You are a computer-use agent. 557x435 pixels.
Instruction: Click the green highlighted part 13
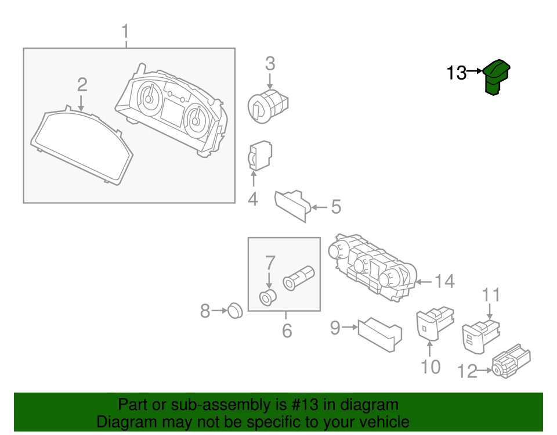coord(497,76)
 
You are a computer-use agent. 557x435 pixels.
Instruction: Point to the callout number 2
coord(82,85)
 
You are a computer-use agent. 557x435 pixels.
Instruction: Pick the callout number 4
coord(253,200)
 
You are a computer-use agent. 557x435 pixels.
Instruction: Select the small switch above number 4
coord(259,155)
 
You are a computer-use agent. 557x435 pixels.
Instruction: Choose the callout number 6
coord(287,332)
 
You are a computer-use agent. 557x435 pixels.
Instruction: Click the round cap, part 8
coord(234,310)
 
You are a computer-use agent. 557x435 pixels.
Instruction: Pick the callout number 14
coord(444,282)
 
